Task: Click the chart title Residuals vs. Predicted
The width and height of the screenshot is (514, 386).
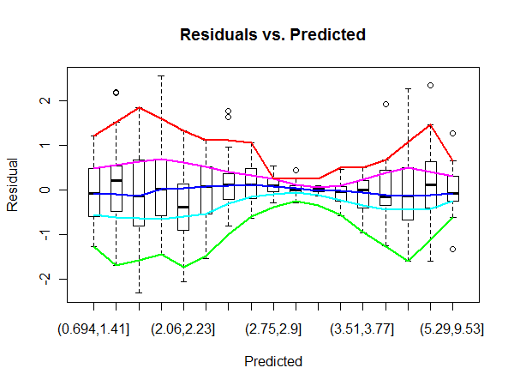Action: [x=272, y=35]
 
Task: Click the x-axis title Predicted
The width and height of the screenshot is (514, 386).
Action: [x=272, y=362]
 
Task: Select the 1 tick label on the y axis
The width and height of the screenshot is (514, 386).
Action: [x=48, y=145]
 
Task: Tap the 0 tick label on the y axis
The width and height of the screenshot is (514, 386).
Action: [x=48, y=190]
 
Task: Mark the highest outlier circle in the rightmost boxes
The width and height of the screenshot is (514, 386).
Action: [x=430, y=86]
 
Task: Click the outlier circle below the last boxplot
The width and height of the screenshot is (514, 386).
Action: [x=452, y=249]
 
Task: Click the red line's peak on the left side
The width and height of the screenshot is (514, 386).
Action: [x=139, y=108]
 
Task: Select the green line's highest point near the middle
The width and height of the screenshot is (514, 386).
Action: [x=296, y=202]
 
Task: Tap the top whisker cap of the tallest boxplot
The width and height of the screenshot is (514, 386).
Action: [x=161, y=76]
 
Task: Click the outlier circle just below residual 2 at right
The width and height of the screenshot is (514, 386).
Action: [x=385, y=104]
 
